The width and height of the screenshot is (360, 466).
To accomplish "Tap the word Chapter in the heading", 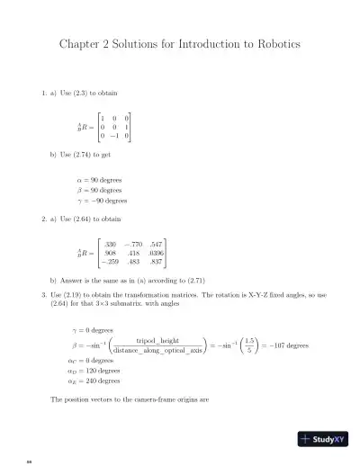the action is [x=82, y=44].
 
